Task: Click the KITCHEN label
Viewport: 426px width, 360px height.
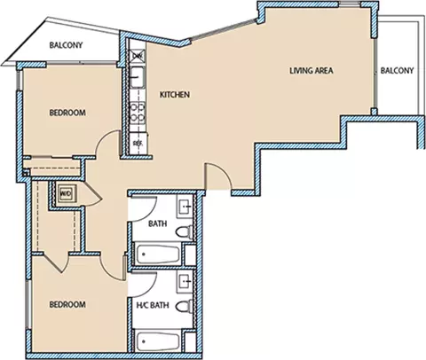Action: [175, 95]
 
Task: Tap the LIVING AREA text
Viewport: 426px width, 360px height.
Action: [312, 71]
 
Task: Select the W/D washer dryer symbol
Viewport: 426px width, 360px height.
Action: [66, 194]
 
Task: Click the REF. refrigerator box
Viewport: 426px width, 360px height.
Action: [138, 144]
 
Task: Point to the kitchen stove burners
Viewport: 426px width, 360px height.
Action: [138, 112]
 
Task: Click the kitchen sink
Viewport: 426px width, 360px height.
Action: [138, 77]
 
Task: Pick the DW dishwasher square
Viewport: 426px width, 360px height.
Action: [138, 55]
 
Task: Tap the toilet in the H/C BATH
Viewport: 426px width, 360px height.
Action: [184, 306]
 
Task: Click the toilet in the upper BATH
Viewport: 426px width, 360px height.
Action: [184, 231]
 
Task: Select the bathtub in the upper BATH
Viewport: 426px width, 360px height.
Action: [158, 254]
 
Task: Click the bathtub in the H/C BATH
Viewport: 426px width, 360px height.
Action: [158, 341]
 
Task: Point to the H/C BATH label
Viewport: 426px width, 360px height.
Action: [153, 305]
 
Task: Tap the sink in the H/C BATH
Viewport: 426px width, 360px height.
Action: [185, 280]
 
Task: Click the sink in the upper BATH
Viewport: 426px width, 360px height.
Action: [185, 205]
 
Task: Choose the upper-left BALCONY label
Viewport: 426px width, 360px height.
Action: [66, 45]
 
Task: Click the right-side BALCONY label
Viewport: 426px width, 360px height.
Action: [397, 71]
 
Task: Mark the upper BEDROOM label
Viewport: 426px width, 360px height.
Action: [67, 113]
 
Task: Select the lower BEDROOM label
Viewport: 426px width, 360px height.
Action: [67, 304]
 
